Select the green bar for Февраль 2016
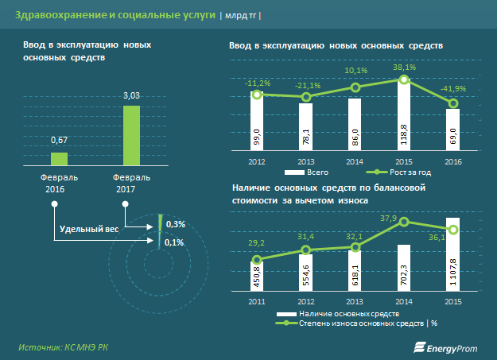click(x=58, y=157)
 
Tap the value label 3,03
click(x=131, y=96)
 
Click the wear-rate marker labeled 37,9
click(x=404, y=224)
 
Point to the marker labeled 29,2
click(x=257, y=260)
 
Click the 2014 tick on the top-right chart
click(x=355, y=163)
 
